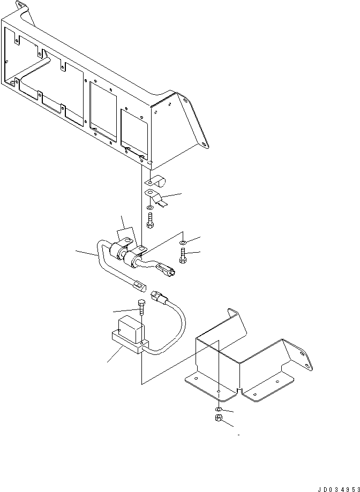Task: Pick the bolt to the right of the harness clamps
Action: click(x=184, y=256)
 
